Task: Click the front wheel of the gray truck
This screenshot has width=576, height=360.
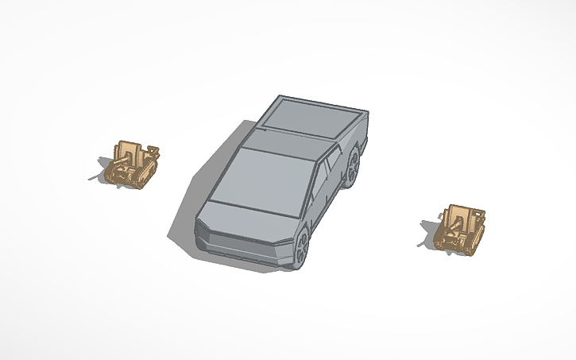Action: (x=303, y=247)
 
